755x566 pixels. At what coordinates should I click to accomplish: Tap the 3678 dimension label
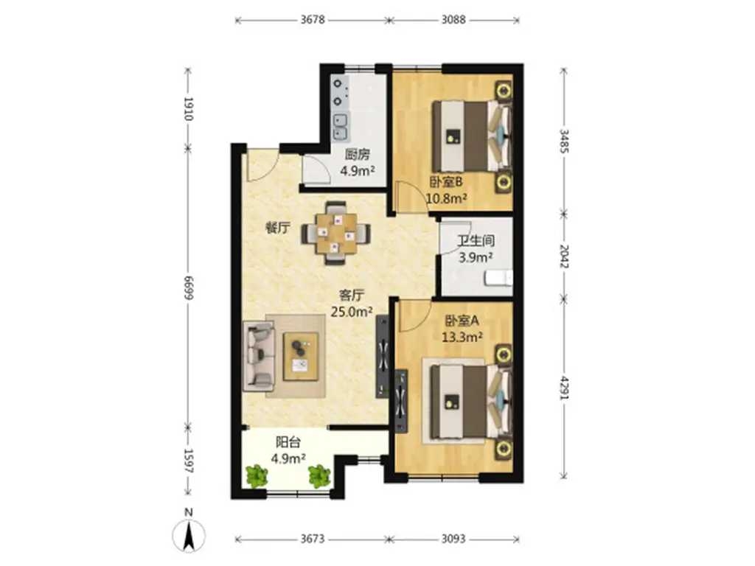[x=313, y=20]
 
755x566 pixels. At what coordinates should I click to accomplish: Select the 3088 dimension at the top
[x=453, y=20]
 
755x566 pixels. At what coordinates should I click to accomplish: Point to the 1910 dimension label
[x=188, y=109]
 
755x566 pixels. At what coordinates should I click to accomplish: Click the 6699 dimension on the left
[x=188, y=288]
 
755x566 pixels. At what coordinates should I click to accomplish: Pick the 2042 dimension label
[x=564, y=256]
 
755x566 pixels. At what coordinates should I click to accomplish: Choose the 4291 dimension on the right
[x=564, y=388]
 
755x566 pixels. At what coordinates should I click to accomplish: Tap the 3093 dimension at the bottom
[x=453, y=539]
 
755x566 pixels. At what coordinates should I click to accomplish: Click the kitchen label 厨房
[x=358, y=155]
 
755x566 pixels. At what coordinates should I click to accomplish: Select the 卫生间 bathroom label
[x=476, y=241]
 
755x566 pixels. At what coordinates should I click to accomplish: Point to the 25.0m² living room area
[x=352, y=312]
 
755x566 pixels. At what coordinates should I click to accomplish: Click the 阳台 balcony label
[x=288, y=442]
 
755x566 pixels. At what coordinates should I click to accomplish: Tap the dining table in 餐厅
[x=336, y=234]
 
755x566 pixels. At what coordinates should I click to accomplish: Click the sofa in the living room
[x=259, y=356]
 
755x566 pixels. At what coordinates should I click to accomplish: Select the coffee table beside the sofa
[x=301, y=356]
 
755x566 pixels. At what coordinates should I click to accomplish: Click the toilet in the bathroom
[x=498, y=278]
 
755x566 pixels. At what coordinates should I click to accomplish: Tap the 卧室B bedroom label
[x=446, y=182]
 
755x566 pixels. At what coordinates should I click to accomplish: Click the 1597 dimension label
[x=188, y=461]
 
